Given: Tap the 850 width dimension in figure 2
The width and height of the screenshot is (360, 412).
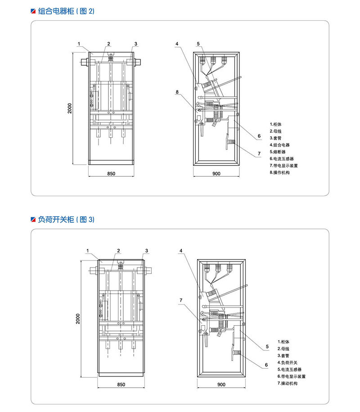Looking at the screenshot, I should pyautogui.click(x=111, y=173).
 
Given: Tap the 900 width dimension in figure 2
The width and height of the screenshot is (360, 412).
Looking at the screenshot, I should pyautogui.click(x=216, y=173).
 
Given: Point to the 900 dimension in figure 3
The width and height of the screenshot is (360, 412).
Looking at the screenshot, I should pyautogui.click(x=221, y=385).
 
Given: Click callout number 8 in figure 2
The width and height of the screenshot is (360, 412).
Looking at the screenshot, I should pyautogui.click(x=177, y=92).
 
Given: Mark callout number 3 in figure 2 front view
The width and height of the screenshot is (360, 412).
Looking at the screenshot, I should pyautogui.click(x=135, y=44).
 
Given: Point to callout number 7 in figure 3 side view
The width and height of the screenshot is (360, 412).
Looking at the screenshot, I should pyautogui.click(x=180, y=300).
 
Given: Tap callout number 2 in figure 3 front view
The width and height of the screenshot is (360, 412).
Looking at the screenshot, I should pyautogui.click(x=118, y=251).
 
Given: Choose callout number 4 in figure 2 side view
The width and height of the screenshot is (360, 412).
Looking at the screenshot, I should pyautogui.click(x=177, y=44).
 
